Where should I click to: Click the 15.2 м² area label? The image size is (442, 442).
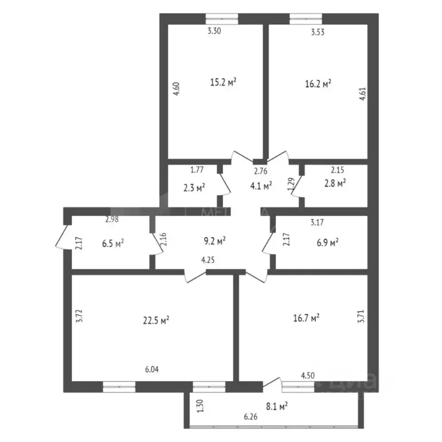pyautogui.click(x=224, y=82)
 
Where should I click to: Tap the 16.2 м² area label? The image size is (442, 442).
pyautogui.click(x=318, y=83)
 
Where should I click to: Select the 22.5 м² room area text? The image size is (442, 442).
pyautogui.click(x=155, y=320)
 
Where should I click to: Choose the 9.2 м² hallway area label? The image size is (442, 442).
pyautogui.click(x=213, y=240)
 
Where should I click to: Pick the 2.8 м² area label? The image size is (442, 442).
pyautogui.click(x=333, y=183)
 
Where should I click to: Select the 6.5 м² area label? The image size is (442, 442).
pyautogui.click(x=113, y=243)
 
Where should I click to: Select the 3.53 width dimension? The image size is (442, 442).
pyautogui.click(x=318, y=32)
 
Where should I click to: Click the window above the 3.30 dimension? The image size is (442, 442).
pyautogui.click(x=222, y=18)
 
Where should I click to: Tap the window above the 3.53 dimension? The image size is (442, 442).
pyautogui.click(x=306, y=18)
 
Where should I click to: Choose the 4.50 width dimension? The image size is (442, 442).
pyautogui.click(x=308, y=376)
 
